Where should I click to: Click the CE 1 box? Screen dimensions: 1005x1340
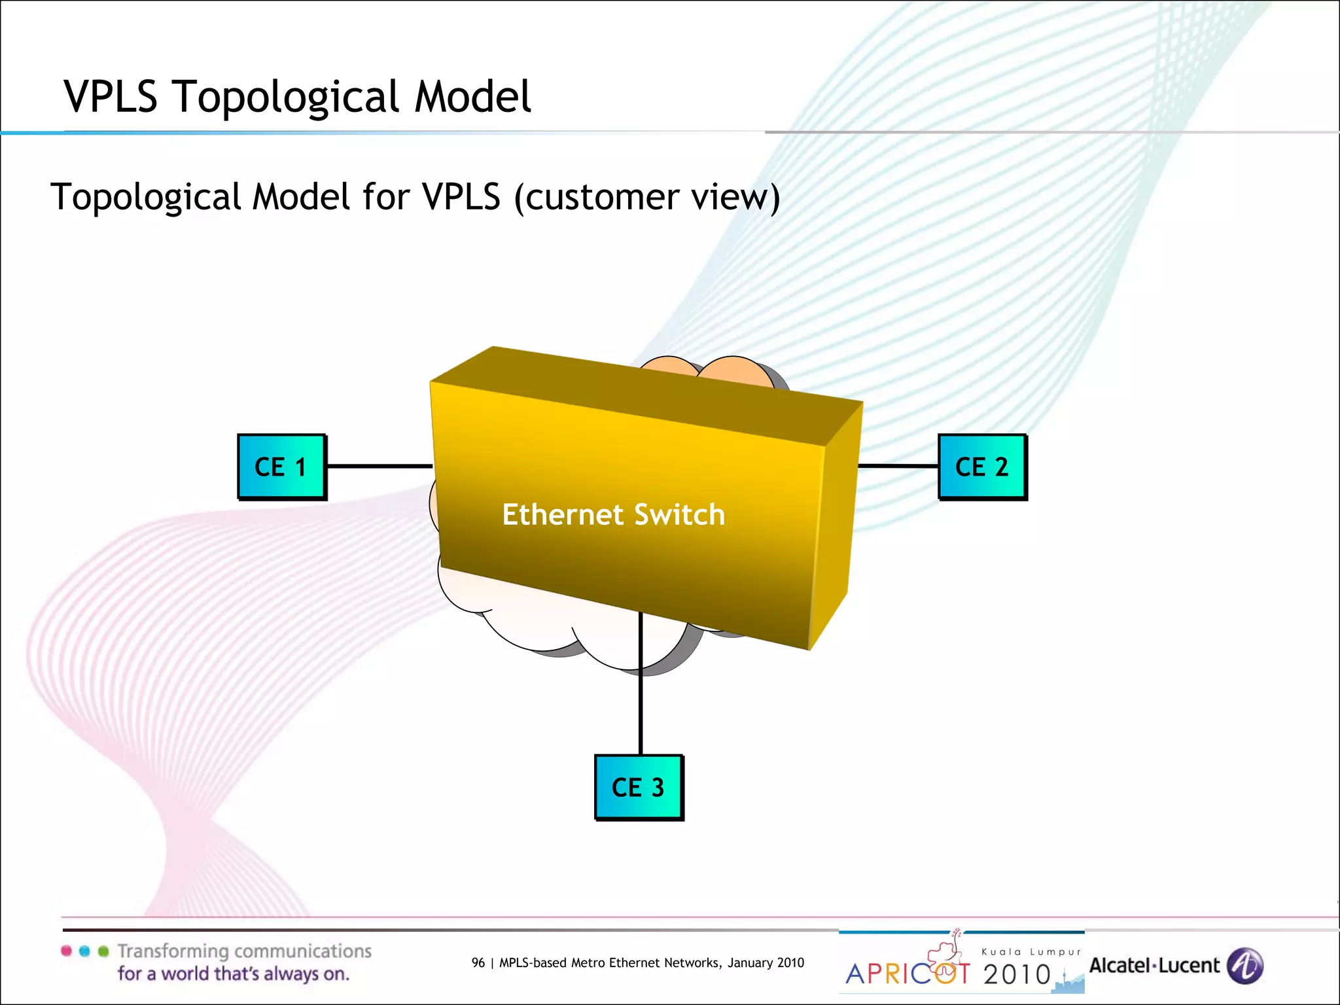pos(281,467)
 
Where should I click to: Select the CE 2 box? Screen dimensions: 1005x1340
pos(982,467)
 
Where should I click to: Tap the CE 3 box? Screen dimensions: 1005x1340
pos(639,787)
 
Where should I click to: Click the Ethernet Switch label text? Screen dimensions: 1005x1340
pos(613,514)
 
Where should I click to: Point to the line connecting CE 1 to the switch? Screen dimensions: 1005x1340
pos(379,466)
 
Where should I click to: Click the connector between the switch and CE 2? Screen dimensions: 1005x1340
pos(898,466)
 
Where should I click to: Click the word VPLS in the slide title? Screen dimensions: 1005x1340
pos(111,97)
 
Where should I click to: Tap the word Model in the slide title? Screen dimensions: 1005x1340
pos(472,97)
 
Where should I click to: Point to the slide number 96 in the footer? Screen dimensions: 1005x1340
pos(478,962)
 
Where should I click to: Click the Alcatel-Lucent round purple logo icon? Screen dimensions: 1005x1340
pos(1244,966)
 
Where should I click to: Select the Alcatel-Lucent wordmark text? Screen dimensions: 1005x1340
pos(1154,966)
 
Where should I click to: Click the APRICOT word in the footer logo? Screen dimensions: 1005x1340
pos(908,974)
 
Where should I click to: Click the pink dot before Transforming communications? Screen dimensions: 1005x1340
pos(66,951)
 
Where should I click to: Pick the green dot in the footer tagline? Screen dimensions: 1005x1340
pos(103,951)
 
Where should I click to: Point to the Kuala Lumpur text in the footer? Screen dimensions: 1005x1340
pos(1031,952)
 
